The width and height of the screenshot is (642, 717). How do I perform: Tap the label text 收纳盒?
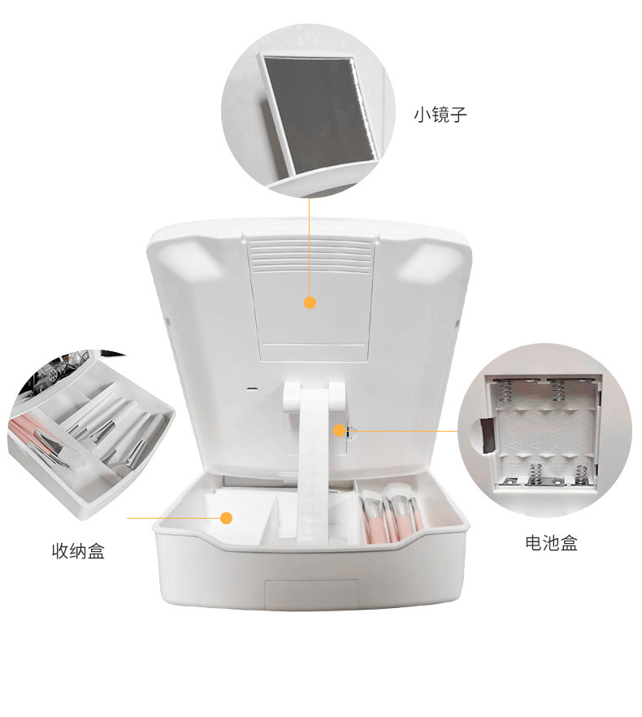pyautogui.click(x=79, y=552)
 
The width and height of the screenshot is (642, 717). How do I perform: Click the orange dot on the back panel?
pyautogui.click(x=310, y=303)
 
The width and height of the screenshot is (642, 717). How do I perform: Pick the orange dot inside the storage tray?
pyautogui.click(x=228, y=518)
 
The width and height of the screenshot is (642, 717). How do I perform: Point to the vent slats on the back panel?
pyautogui.click(x=310, y=257)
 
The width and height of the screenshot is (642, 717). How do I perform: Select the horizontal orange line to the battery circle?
pyautogui.click(x=406, y=431)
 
